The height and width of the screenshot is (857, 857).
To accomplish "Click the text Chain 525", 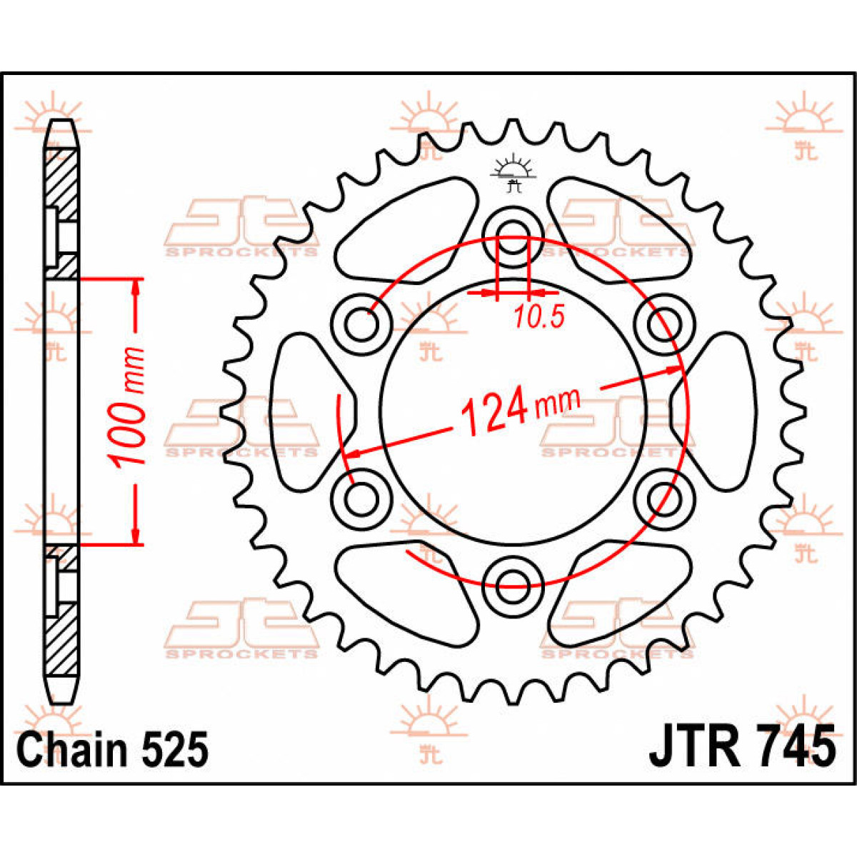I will [x=113, y=749].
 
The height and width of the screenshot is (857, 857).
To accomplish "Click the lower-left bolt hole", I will [x=361, y=494].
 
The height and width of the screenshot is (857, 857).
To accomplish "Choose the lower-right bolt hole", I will [x=664, y=494].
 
